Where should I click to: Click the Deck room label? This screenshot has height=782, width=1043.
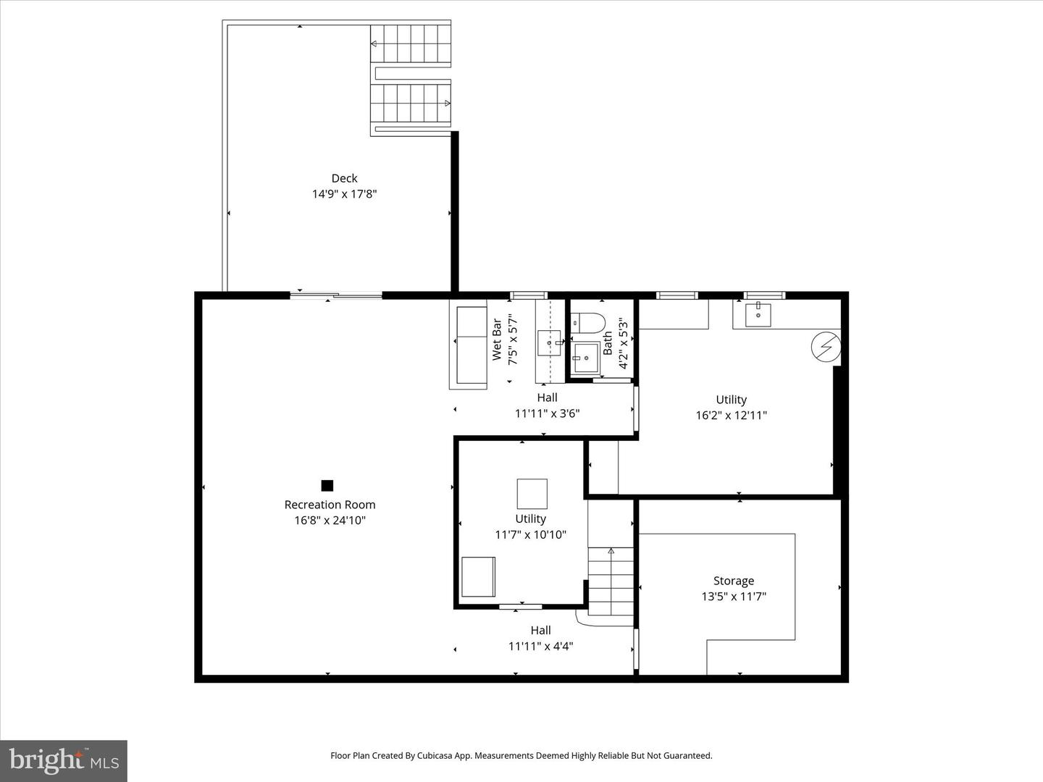pos(344,178)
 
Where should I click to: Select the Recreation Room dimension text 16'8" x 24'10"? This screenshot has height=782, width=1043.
pos(330,520)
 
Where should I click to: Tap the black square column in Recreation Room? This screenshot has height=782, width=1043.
pos(327,485)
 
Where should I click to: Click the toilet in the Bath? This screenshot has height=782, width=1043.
pos(587,322)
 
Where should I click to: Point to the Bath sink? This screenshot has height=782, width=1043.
pos(584,357)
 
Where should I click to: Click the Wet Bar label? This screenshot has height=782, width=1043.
pos(497,340)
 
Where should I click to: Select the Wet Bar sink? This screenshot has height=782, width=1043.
pos(550,342)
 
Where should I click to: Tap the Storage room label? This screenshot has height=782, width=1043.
pos(734,581)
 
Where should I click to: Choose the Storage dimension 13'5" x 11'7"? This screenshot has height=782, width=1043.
pos(734,597)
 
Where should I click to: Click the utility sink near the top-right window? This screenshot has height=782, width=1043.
pos(758,315)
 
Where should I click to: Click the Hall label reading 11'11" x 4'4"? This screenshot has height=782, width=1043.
pos(540,646)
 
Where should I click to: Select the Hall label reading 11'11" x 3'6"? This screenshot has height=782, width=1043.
pos(547,414)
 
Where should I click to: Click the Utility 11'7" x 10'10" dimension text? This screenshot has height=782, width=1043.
pos(530,535)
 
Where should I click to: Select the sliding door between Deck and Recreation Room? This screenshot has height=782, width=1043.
pos(336,295)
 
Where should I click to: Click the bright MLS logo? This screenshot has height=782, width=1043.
pos(64,760)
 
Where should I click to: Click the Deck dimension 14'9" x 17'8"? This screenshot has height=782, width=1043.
pos(344,194)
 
